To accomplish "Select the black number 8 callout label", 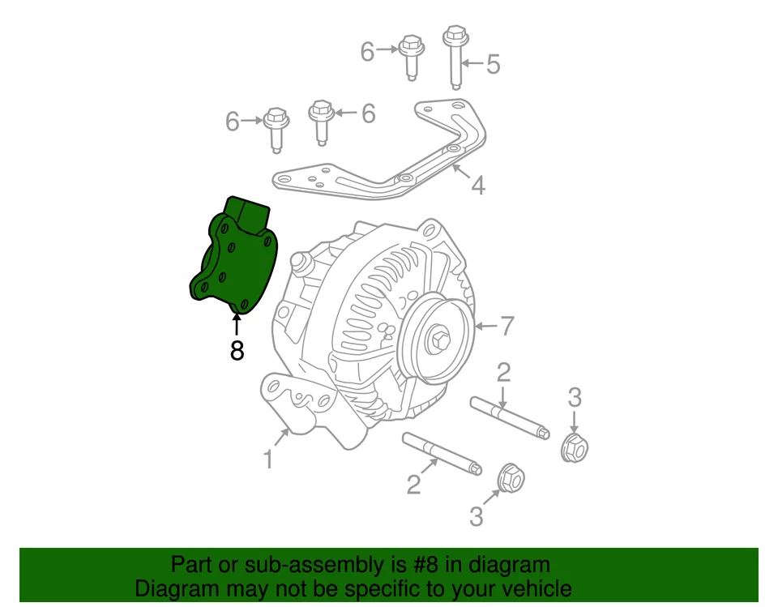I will (x=237, y=352).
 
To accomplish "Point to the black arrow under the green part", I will (x=237, y=325).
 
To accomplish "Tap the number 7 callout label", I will (x=507, y=327).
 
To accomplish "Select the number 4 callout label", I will (x=478, y=186).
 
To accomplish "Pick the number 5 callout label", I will (x=494, y=63).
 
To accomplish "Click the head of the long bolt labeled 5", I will (x=455, y=36).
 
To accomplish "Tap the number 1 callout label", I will (x=268, y=460).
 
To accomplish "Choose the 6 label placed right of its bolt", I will (x=369, y=113).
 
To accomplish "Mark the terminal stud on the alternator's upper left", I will (x=303, y=263).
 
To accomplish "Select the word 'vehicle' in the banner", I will (x=532, y=588).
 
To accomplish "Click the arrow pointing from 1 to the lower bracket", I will (x=281, y=438).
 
